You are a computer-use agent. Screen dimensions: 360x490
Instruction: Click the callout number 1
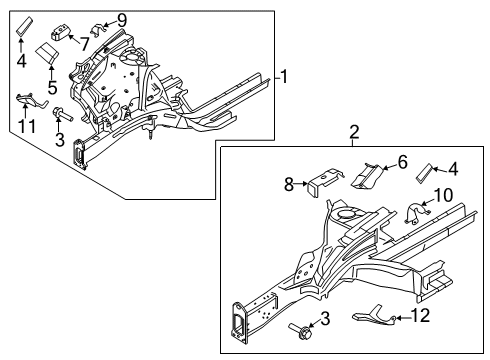(284, 77)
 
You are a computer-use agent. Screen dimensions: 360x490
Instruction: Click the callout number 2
(354, 131)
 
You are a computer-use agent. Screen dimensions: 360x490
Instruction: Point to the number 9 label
(121, 20)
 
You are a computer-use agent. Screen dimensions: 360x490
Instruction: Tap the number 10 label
(447, 221)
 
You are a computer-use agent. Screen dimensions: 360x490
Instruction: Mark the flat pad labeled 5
(46, 53)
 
